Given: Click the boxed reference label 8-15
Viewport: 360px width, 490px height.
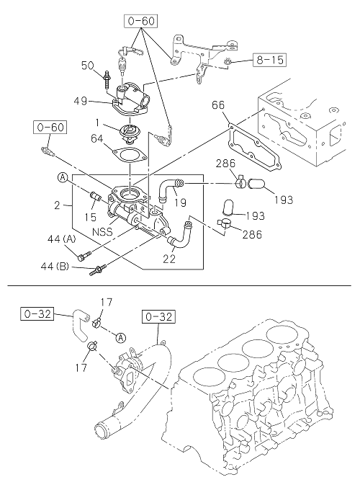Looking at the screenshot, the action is pyautogui.click(x=269, y=59).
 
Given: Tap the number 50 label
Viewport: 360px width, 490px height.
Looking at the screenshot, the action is pyautogui.click(x=87, y=66).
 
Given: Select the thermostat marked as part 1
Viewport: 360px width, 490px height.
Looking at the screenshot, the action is pyautogui.click(x=128, y=133).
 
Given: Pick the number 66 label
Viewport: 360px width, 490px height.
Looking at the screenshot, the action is pyautogui.click(x=218, y=104).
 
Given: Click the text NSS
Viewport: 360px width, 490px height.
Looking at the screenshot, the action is pyautogui.click(x=102, y=232).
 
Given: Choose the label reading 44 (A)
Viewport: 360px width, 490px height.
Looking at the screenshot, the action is pyautogui.click(x=61, y=240).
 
